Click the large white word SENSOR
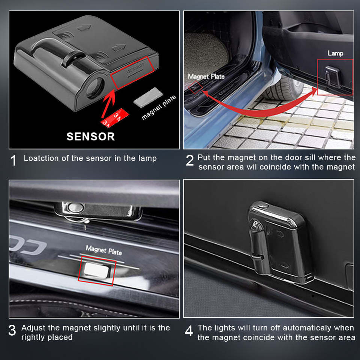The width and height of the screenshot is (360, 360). click(90, 136)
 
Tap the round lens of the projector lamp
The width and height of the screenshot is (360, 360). click(95, 88)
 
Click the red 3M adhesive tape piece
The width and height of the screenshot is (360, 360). click(115, 118)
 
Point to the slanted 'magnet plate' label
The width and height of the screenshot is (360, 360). click(159, 108)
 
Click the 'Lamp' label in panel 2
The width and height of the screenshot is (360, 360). click(335, 54)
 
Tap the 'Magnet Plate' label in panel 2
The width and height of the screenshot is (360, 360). click(206, 76)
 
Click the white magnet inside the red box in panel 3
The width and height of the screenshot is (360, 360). click(96, 270)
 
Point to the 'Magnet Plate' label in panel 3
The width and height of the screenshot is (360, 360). click(104, 250)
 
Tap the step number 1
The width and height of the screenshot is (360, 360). click(13, 160)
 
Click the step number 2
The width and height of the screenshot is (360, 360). click(190, 160)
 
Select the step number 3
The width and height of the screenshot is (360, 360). click(12, 330)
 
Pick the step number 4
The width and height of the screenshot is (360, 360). click(189, 331)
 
